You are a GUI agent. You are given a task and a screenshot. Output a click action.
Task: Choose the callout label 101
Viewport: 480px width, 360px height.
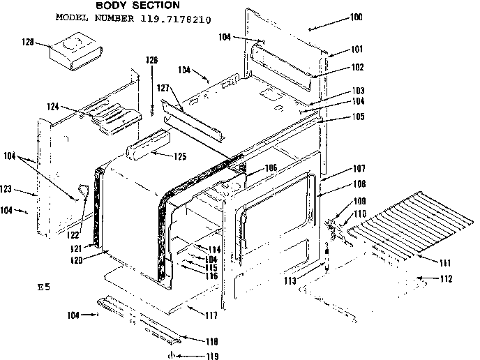[338, 50]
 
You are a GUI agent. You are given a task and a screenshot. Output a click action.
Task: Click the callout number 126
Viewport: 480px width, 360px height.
[151, 61]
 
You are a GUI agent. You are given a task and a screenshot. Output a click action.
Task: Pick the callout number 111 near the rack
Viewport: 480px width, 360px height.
[444, 263]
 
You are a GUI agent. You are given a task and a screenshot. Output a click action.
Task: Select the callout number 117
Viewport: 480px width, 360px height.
[210, 315]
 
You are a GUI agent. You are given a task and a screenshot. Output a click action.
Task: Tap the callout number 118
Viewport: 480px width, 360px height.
[210, 341]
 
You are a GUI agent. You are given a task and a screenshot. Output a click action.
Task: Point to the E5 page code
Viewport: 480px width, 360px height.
[45, 287]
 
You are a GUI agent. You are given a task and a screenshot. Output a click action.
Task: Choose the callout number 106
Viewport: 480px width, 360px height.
[271, 167]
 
